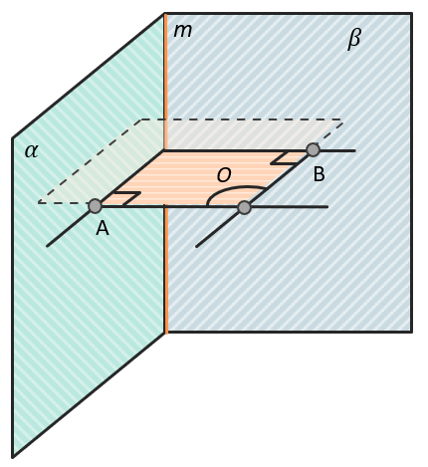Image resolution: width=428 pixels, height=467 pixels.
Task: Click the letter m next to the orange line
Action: (183, 31)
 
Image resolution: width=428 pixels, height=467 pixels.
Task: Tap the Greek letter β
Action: (354, 39)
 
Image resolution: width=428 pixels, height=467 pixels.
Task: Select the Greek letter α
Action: (32, 151)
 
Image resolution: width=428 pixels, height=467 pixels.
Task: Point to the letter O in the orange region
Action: (224, 175)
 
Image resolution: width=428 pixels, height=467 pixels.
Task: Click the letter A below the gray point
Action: (103, 228)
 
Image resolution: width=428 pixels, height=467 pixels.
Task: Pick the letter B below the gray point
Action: (319, 174)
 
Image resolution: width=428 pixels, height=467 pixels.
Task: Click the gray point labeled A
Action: (96, 206)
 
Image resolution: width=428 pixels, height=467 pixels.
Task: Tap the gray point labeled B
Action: (313, 150)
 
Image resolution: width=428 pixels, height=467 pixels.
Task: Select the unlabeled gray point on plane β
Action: (245, 207)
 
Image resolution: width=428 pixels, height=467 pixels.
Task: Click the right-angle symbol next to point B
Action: (284, 158)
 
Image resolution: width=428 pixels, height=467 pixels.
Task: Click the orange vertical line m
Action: (165, 172)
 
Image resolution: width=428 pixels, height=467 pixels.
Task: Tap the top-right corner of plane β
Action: (412, 14)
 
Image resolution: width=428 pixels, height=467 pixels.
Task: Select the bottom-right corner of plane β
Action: (412, 332)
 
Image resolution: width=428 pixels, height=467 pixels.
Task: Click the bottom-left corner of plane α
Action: (13, 457)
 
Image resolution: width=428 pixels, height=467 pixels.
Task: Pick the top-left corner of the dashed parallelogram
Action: (142, 119)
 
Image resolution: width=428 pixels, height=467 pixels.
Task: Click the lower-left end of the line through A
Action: (47, 246)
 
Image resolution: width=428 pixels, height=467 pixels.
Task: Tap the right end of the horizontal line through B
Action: (355, 150)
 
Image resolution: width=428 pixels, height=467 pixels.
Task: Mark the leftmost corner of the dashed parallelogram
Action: (39, 202)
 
